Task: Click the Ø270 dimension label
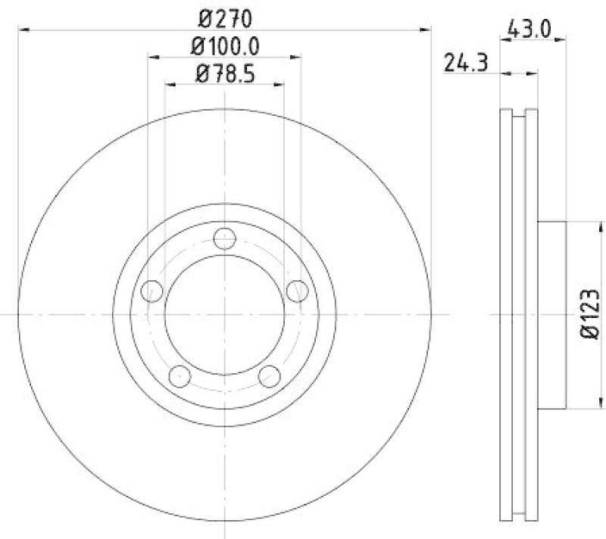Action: [x=225, y=17]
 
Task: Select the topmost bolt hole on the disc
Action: [x=224, y=238]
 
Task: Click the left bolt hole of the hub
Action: [x=153, y=290]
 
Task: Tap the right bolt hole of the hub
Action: [x=297, y=290]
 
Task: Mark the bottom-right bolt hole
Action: [x=269, y=375]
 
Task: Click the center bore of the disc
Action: [x=225, y=313]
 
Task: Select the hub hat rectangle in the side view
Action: [x=552, y=313]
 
